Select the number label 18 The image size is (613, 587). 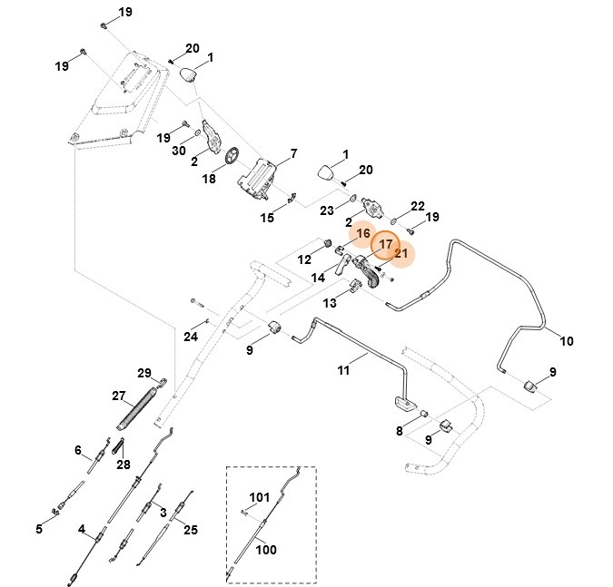[x=209, y=180]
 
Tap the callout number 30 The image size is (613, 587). [x=179, y=151]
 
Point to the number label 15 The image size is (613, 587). [x=267, y=218]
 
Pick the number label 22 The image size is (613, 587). [x=418, y=206]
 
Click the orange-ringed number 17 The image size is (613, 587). [x=385, y=245]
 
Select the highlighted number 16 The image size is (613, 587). [x=363, y=234]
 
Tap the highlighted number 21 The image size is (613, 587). [x=400, y=254]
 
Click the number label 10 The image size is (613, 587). [x=566, y=342]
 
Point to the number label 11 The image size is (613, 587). [x=343, y=370]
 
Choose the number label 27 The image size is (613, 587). [x=118, y=396]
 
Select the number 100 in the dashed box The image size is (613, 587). [x=265, y=550]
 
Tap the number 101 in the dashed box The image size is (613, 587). [x=260, y=497]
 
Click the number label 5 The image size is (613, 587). [x=40, y=529]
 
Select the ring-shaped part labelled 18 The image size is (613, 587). [x=231, y=157]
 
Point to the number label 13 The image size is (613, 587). [x=329, y=303]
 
